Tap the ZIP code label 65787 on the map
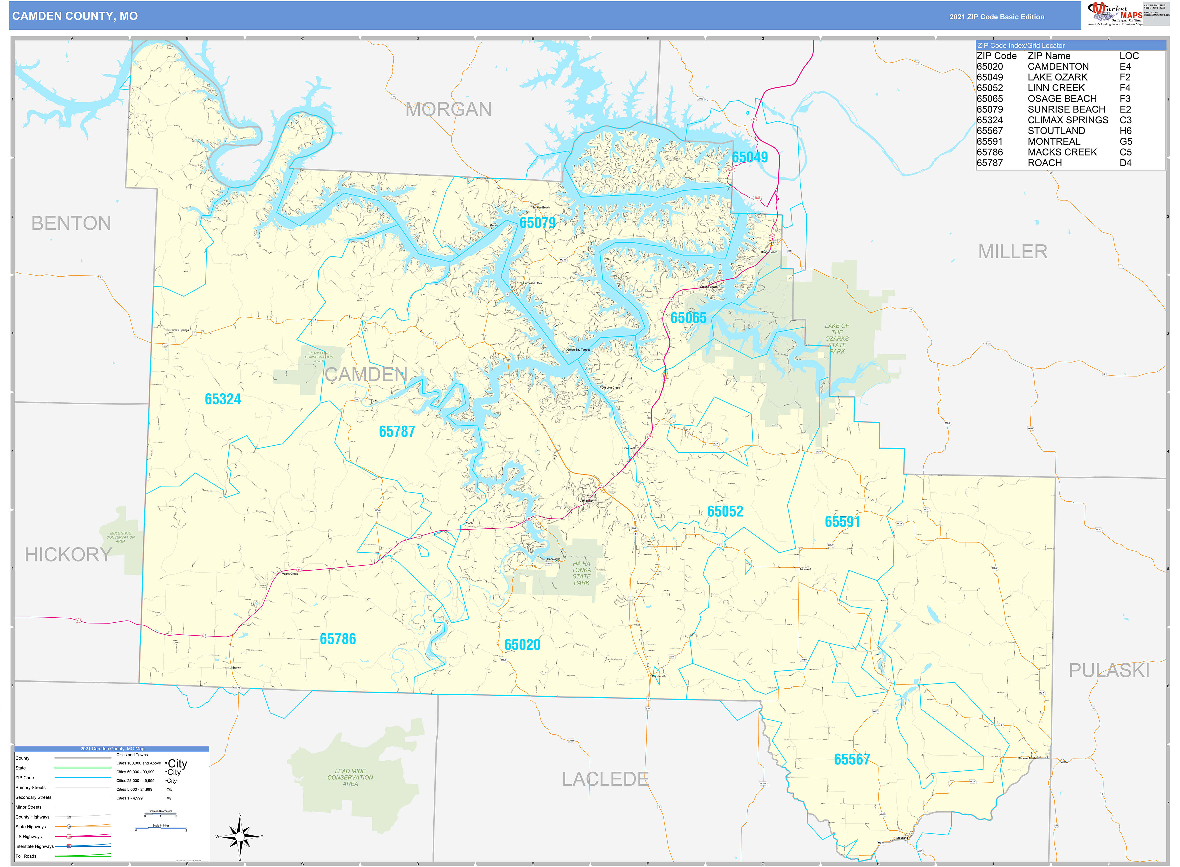click(397, 431)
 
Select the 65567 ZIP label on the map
click(852, 759)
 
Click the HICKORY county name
click(68, 554)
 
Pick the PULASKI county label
click(1109, 670)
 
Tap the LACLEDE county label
click(605, 779)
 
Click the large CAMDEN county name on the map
click(366, 375)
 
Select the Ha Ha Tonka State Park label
click(581, 573)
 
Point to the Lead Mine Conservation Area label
click(350, 777)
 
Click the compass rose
click(240, 837)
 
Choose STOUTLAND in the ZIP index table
click(1056, 131)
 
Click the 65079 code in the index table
click(990, 109)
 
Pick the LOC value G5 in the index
click(1125, 142)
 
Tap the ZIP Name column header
click(1049, 56)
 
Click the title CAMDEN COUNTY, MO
click(75, 16)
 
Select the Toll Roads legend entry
click(26, 856)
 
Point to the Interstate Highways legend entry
click(35, 846)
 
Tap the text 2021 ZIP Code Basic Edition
click(996, 17)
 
